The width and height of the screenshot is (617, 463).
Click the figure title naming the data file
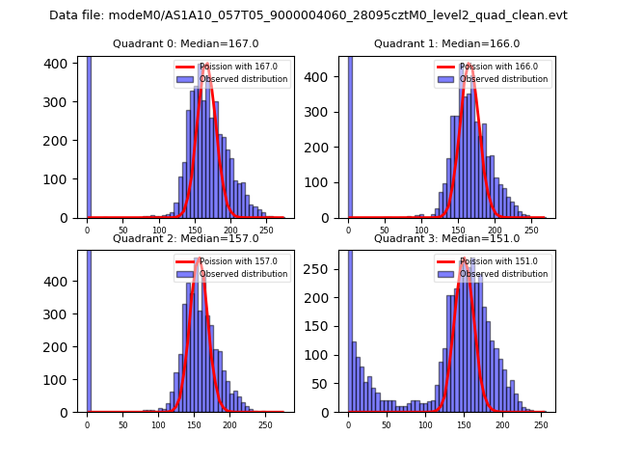coord(308,15)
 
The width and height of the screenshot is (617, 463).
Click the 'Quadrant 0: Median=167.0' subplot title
coord(185,43)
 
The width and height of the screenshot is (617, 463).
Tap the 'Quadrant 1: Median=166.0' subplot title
coord(446,43)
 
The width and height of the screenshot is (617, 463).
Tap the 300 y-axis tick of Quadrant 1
coord(325,113)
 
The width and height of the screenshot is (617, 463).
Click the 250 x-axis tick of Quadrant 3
coord(542,423)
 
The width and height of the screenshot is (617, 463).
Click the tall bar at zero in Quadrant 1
coord(350,135)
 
